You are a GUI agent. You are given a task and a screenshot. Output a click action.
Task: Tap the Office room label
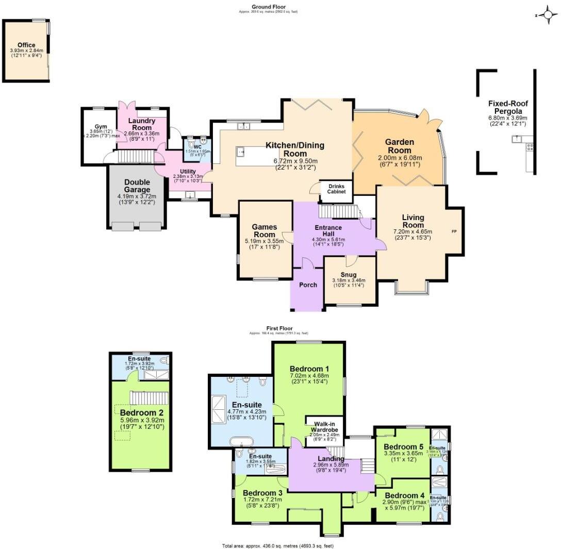click(26, 45)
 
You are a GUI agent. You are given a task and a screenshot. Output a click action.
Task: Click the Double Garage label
click(137, 186)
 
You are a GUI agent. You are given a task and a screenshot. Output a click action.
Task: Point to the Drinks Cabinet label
click(336, 188)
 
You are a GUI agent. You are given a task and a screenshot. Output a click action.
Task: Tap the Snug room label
click(349, 274)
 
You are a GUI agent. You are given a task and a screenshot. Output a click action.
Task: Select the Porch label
click(307, 285)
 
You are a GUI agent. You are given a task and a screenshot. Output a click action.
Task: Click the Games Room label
click(264, 231)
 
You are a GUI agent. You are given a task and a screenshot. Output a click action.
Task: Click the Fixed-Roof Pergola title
click(508, 107)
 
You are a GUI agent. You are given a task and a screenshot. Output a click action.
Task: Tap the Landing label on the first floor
click(331, 459)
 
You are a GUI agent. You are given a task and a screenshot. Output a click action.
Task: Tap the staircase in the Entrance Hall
click(338, 211)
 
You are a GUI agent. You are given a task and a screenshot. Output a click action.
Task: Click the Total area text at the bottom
click(281, 545)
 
